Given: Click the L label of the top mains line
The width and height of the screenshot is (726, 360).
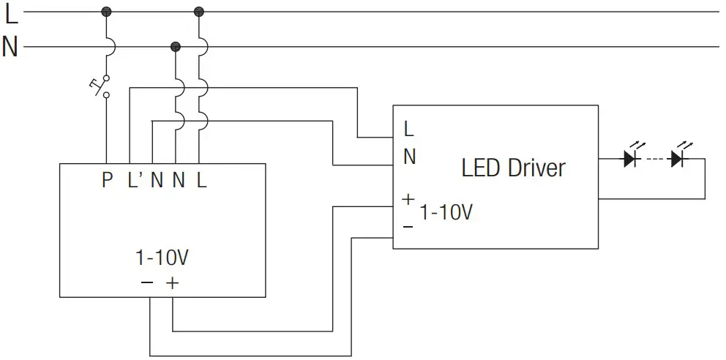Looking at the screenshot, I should pos(11,12).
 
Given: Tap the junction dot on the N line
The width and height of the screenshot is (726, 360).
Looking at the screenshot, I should pos(176,48).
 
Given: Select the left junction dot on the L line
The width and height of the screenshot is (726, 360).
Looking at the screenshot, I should pos(107,12).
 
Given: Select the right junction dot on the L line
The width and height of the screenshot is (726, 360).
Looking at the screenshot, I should pos(198,12).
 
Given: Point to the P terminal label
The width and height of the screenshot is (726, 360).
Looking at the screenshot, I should pos(108,180).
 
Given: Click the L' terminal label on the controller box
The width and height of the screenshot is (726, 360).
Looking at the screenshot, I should pos(134,180).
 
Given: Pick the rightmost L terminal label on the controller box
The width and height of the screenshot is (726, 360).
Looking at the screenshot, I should pos(201,180).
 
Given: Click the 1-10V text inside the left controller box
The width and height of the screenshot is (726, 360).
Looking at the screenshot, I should pos(162,258).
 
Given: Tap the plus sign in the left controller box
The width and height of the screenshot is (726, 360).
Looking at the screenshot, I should pos(172,282).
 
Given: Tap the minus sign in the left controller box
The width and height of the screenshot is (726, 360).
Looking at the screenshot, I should pos(148,282).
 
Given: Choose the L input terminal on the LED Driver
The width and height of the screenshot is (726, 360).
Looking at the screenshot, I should pos(408,130).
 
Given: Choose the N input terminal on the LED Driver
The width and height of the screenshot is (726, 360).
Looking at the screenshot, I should pos(410,157).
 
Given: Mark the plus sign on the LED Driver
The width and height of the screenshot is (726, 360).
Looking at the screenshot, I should pos(408,198).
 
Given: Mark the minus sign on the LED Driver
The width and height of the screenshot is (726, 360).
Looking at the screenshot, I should pos(408,227).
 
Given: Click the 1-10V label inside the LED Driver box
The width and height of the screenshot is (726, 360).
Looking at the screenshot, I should pos(446,213).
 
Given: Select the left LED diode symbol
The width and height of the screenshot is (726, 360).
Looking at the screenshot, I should pos(630,158).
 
